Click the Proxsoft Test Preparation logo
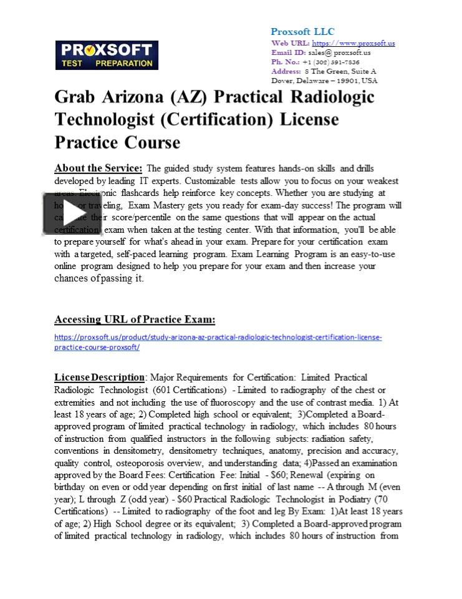pos(107,55)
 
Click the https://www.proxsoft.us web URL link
pos(353,43)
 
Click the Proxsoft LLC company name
pos(302,31)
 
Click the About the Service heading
pos(99,168)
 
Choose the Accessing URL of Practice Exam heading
pos(135,319)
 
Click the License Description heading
pos(99,377)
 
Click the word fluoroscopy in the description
pos(232,402)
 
